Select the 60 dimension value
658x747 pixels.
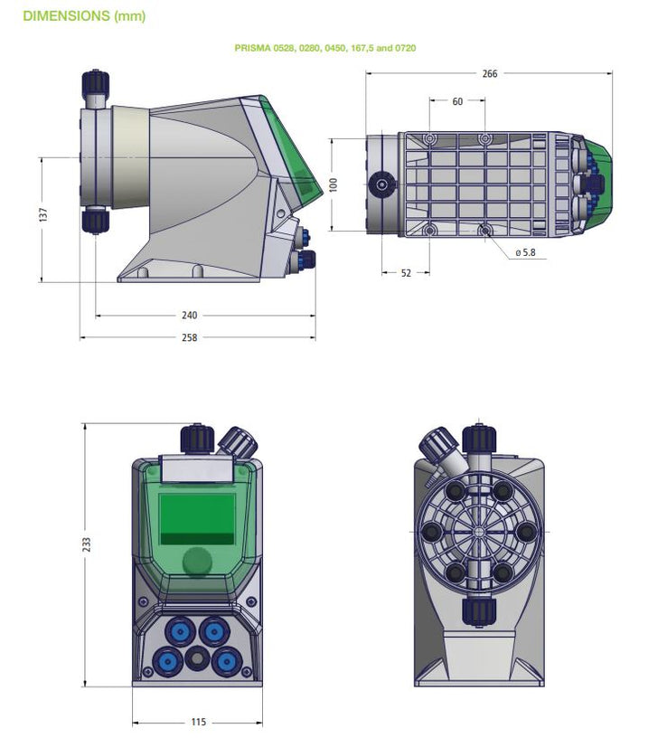[457, 102]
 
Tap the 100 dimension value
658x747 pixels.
[334, 184]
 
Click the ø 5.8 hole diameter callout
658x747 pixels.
[525, 253]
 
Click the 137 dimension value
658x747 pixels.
[43, 215]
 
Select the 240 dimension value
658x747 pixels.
[189, 316]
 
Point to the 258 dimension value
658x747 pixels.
[189, 337]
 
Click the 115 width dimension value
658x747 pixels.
[198, 722]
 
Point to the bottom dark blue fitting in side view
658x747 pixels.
[95, 222]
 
